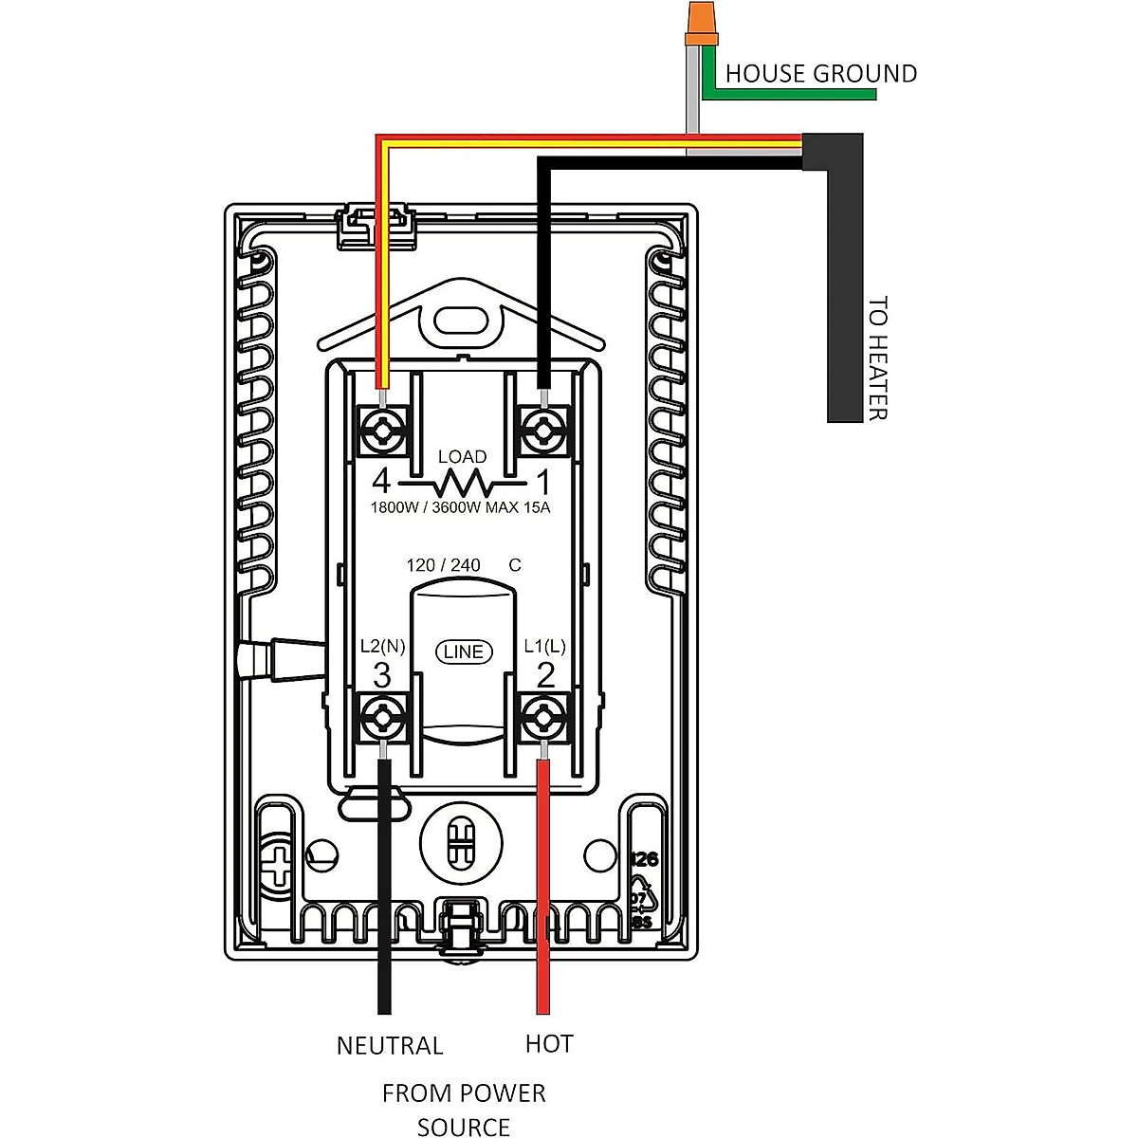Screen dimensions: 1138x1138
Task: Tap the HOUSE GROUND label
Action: click(820, 74)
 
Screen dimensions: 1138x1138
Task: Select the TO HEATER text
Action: click(878, 358)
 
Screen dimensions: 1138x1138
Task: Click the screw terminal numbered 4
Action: click(382, 431)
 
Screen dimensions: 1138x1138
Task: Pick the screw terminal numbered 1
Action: click(543, 431)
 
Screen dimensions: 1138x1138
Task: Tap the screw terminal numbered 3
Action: click(382, 716)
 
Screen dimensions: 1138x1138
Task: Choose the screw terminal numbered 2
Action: click(543, 716)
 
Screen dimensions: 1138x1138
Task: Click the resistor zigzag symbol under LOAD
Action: click(462, 484)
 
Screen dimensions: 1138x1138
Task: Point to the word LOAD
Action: click(462, 457)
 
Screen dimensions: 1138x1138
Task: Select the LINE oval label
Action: click(463, 652)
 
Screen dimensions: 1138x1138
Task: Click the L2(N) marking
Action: click(382, 647)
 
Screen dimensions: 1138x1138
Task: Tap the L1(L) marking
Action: click(544, 647)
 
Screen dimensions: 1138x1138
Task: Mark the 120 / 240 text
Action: click(443, 565)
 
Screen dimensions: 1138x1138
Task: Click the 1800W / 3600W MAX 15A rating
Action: click(460, 507)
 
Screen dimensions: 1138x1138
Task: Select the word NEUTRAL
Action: click(390, 1045)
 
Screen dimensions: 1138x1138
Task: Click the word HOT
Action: click(549, 1044)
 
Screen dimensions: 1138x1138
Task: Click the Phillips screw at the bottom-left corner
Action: click(279, 865)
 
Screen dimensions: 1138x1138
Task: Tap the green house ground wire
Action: click(797, 96)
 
